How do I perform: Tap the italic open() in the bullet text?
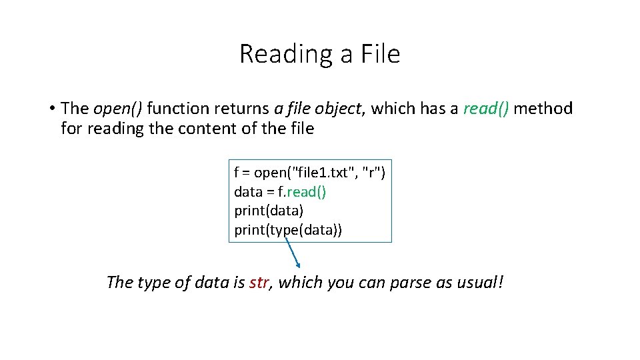coord(120,109)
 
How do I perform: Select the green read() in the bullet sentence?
coord(487,109)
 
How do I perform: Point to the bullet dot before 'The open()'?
coord(51,109)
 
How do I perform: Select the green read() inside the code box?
coord(307,192)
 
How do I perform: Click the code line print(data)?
coord(269,211)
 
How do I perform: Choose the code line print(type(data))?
coord(288,231)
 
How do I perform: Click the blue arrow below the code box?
coord(292,253)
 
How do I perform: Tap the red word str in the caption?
coord(259,283)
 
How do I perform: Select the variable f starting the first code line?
coord(237,173)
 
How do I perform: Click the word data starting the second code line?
coord(248,192)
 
